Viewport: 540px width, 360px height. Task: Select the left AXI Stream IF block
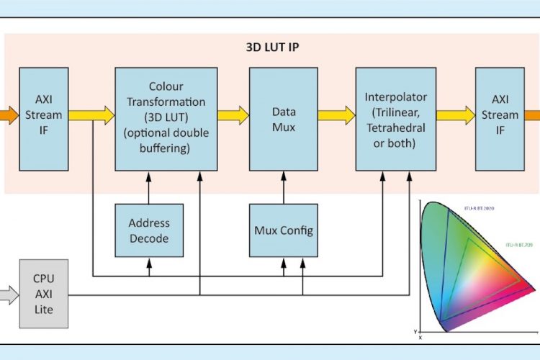tap(44, 114)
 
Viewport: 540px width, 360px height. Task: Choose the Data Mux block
tap(284, 119)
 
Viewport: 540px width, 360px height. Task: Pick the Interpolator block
tap(395, 119)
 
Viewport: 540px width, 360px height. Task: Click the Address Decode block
tap(149, 230)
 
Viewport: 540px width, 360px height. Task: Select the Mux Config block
tap(283, 230)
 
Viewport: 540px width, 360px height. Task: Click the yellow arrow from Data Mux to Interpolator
tap(337, 114)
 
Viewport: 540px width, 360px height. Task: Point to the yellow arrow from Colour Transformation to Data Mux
tap(233, 114)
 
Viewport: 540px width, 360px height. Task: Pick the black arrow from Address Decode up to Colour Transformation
tap(149, 187)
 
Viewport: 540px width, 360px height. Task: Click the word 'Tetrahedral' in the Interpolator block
tap(395, 127)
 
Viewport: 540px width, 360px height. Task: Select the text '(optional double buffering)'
tap(166, 140)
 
